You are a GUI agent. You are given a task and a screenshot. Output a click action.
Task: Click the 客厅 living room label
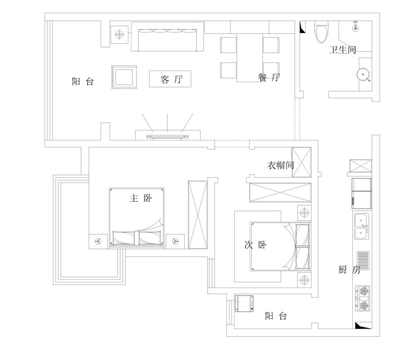(170, 79)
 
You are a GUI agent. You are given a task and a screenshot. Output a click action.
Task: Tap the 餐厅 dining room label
(269, 78)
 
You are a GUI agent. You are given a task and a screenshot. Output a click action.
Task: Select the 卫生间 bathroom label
(343, 50)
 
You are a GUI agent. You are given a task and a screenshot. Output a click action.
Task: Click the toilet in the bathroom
(321, 32)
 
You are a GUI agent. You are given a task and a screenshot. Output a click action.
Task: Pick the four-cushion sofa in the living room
(167, 37)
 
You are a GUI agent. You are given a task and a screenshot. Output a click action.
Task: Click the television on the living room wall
(167, 136)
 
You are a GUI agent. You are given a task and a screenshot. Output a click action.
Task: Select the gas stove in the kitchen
(363, 299)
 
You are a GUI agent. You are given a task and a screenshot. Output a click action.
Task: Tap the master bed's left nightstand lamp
(98, 241)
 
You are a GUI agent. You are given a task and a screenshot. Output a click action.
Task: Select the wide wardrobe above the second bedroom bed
(279, 193)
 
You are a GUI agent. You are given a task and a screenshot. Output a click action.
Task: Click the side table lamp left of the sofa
(120, 34)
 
